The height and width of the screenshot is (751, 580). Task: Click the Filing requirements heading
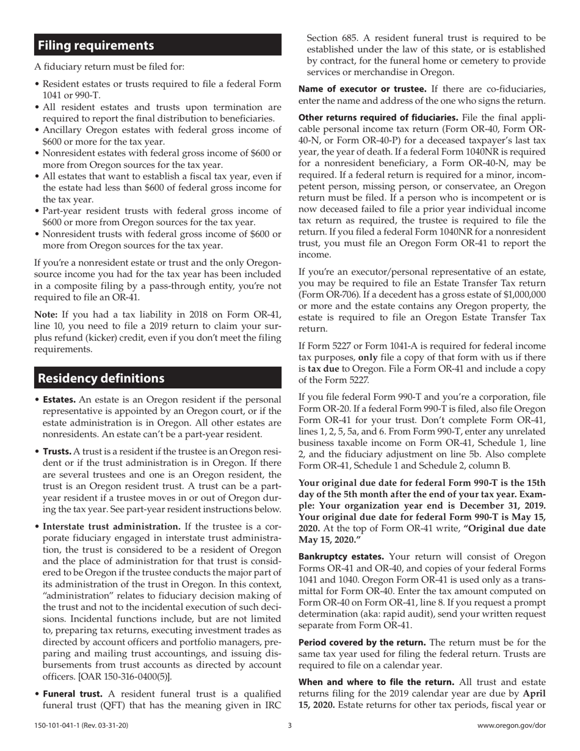[96, 45]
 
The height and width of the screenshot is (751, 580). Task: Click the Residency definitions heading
[101, 378]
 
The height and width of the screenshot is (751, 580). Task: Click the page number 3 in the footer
[290, 726]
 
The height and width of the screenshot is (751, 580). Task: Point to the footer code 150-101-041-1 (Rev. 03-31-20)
[81, 726]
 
